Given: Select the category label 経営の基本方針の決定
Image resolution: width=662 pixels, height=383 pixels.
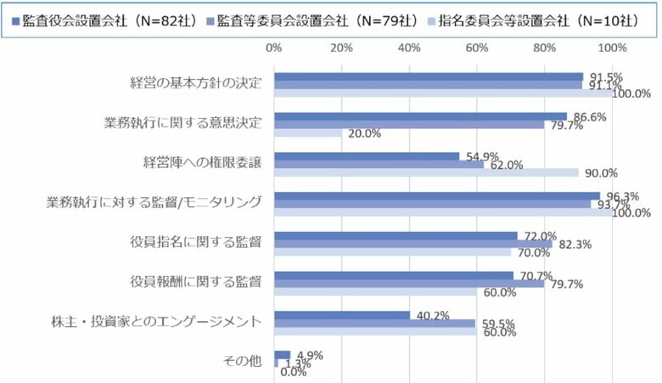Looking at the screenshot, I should (196, 83).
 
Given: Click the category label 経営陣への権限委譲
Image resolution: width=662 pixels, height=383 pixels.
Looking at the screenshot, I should (202, 162).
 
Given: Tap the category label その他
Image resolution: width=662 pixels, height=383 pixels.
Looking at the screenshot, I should (243, 361).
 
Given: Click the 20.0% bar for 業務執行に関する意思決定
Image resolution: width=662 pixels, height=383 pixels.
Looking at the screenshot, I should (307, 132).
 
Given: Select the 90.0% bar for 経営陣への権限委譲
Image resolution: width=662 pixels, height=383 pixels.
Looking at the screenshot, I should (426, 172).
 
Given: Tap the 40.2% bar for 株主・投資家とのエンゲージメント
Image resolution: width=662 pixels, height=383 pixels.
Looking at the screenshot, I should (342, 315).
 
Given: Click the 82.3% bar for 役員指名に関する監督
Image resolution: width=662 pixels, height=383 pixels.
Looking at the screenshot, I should (413, 244).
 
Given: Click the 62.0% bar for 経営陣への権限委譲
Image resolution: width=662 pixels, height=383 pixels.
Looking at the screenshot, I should (379, 164).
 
